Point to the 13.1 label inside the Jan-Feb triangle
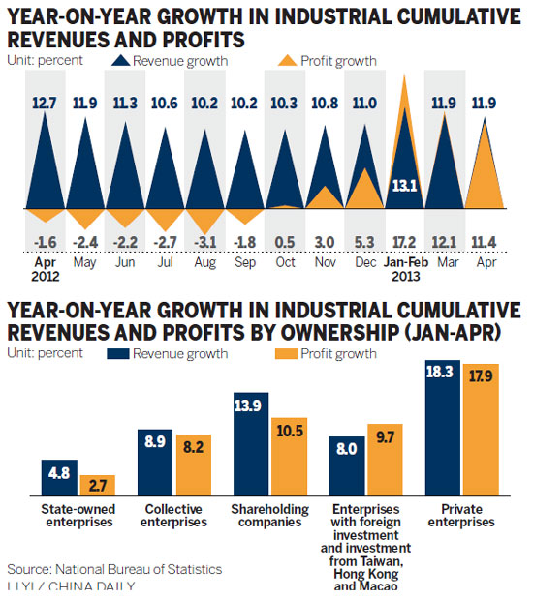pos(400,187)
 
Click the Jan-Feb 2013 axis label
pos(399,268)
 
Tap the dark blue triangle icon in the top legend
pos(120,60)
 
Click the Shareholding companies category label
pos(268,515)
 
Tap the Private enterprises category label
pos(459,515)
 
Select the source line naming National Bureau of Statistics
pos(114,569)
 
